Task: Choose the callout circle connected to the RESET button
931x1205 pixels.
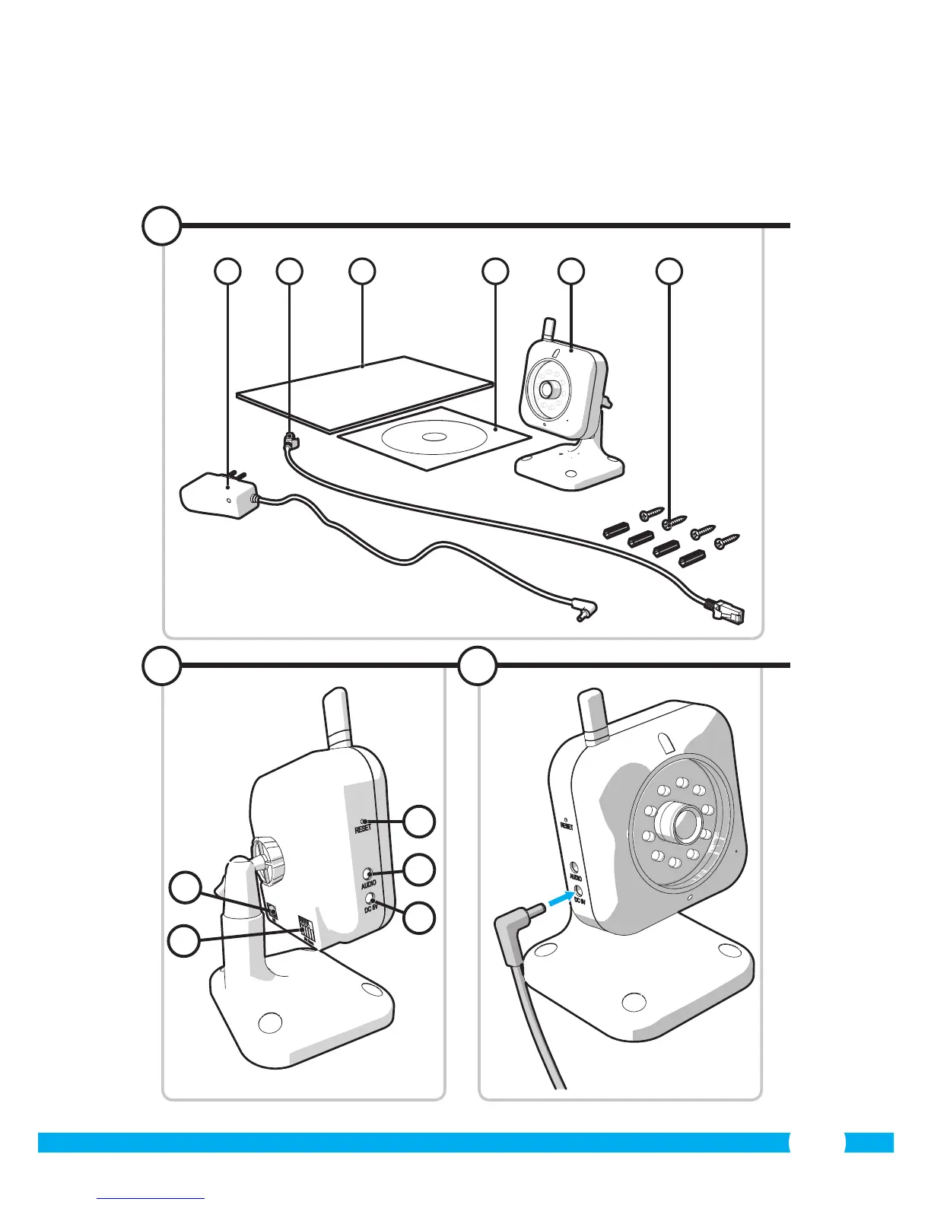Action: (x=419, y=821)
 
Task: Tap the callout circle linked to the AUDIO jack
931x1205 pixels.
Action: (x=419, y=870)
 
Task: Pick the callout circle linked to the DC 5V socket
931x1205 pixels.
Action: (x=419, y=918)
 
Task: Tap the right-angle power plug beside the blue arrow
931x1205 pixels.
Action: (x=521, y=924)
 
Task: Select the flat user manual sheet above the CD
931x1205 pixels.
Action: (x=364, y=393)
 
